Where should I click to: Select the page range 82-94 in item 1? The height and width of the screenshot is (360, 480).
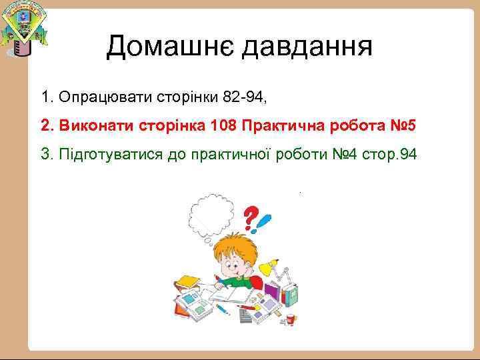click(x=243, y=98)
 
